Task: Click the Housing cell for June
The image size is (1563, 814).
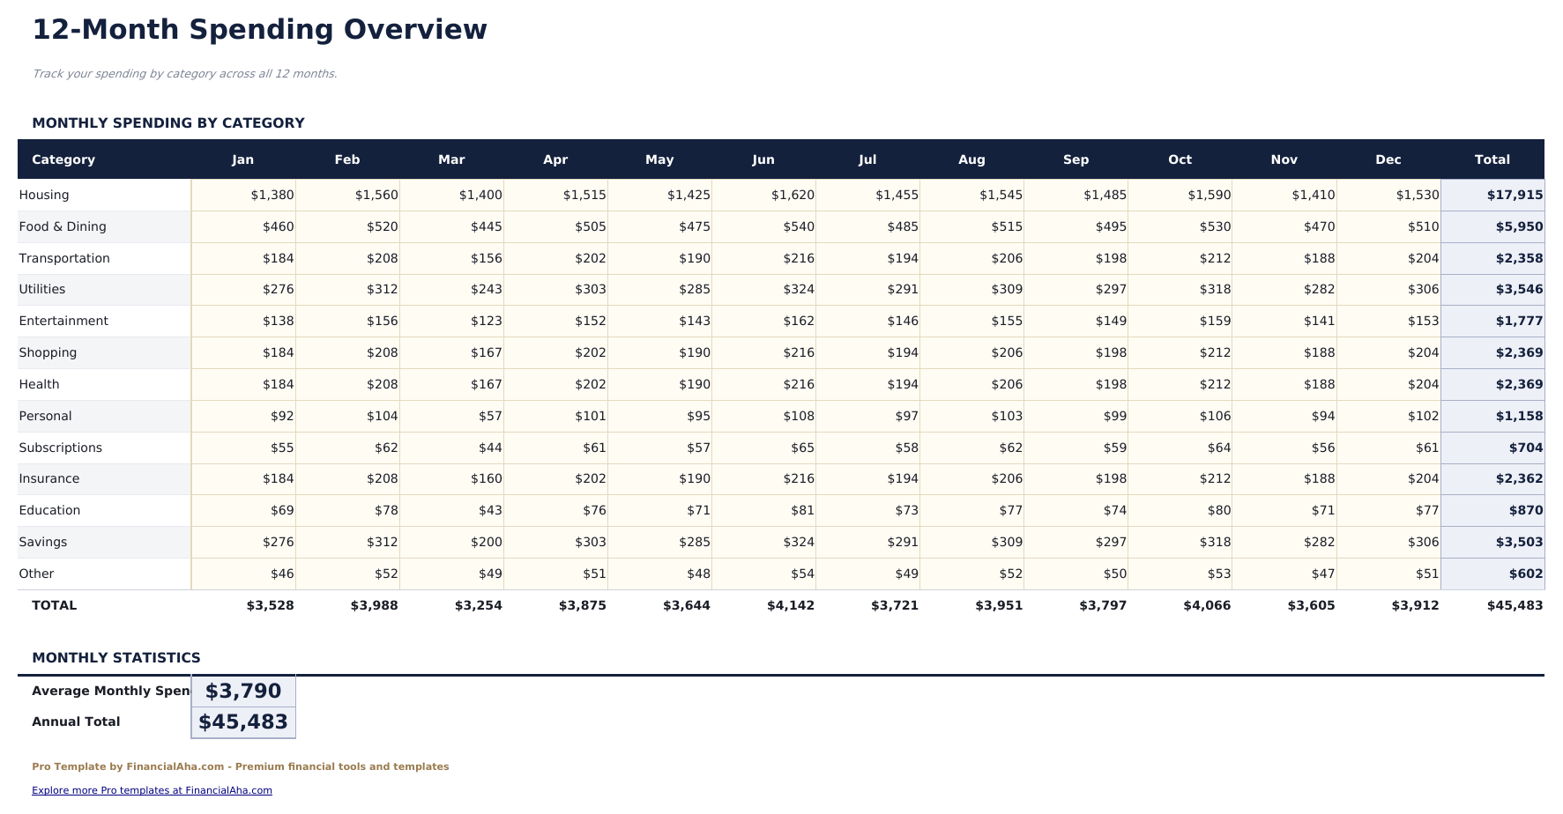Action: (792, 195)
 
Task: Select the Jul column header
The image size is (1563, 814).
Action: (867, 159)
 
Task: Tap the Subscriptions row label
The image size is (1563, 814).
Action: (61, 448)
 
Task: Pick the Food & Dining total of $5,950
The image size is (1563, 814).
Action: (1518, 226)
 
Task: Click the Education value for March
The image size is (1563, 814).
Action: (489, 510)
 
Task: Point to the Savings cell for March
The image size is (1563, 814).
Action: (486, 542)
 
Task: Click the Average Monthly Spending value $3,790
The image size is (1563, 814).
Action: (243, 692)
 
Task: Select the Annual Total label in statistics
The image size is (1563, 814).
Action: (76, 721)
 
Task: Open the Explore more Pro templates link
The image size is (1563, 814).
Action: (152, 790)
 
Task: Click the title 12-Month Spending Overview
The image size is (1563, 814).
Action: (259, 29)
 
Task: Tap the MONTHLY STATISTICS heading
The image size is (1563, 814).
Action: (116, 658)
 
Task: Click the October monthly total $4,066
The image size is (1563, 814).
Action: (1206, 605)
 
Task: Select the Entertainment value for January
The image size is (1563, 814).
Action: (278, 321)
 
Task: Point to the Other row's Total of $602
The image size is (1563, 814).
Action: (1525, 573)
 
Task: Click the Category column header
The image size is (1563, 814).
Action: (63, 159)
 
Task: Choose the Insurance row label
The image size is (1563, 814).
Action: (49, 478)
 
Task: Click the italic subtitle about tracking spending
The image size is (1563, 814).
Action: (184, 74)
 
